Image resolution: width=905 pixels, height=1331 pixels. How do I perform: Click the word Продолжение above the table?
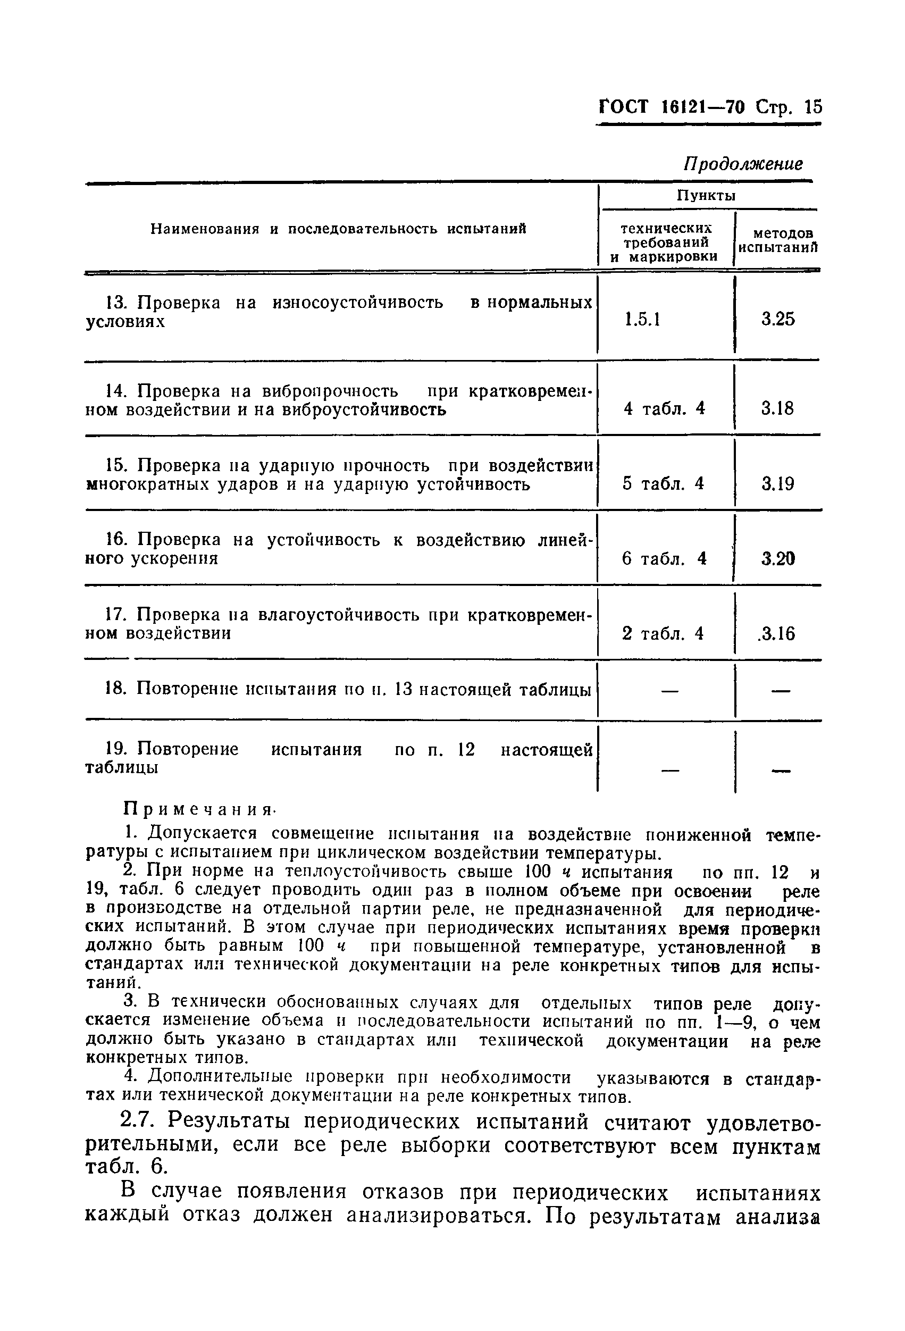(743, 164)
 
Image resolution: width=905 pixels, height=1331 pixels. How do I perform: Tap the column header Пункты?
(706, 196)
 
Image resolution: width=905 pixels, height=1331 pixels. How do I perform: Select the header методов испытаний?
(777, 240)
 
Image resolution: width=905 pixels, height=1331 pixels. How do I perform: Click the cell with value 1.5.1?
(643, 319)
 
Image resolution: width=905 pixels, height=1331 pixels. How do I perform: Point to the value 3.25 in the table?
(778, 319)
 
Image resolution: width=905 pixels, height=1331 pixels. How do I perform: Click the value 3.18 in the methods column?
(777, 408)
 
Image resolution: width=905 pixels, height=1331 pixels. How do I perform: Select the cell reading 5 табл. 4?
(663, 484)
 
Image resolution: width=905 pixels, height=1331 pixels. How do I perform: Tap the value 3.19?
(778, 484)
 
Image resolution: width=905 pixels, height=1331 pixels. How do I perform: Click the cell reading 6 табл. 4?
(664, 558)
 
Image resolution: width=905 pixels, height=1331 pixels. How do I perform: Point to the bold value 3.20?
(778, 558)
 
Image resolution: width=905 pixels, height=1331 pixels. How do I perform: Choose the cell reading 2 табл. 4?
(663, 633)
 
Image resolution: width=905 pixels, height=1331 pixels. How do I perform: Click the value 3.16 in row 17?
(777, 633)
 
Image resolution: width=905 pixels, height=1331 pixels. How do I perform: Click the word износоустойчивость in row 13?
(357, 303)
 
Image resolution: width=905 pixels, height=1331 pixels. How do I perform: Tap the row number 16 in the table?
(115, 540)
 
